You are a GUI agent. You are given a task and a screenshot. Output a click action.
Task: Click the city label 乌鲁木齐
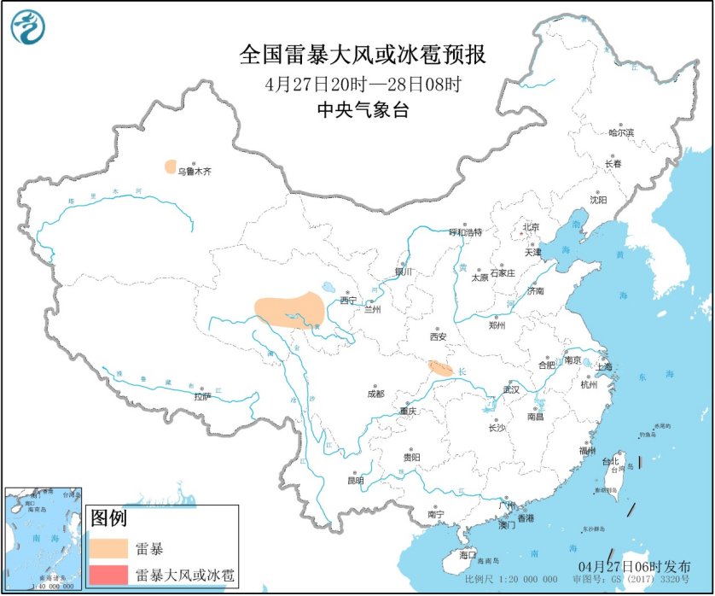click(x=194, y=172)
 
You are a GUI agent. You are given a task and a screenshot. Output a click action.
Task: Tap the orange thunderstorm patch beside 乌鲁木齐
click(x=171, y=167)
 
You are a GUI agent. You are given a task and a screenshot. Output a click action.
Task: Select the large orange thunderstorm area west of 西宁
click(x=289, y=310)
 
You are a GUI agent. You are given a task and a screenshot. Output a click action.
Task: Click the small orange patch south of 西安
click(x=440, y=369)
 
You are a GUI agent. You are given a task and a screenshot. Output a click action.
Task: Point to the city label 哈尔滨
click(x=621, y=133)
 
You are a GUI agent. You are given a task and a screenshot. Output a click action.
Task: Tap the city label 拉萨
click(x=201, y=396)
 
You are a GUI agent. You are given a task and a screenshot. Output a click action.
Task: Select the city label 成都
click(x=375, y=394)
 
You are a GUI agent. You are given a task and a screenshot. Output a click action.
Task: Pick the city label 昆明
click(x=354, y=481)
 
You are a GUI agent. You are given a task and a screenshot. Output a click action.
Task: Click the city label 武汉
click(x=512, y=389)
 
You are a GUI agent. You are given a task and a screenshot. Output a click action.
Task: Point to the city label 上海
click(x=604, y=367)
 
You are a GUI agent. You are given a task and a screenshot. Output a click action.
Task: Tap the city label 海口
click(x=468, y=554)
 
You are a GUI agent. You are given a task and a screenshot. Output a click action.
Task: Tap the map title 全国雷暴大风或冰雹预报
click(x=363, y=56)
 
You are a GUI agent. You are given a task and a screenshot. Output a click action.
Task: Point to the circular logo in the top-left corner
click(x=28, y=28)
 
